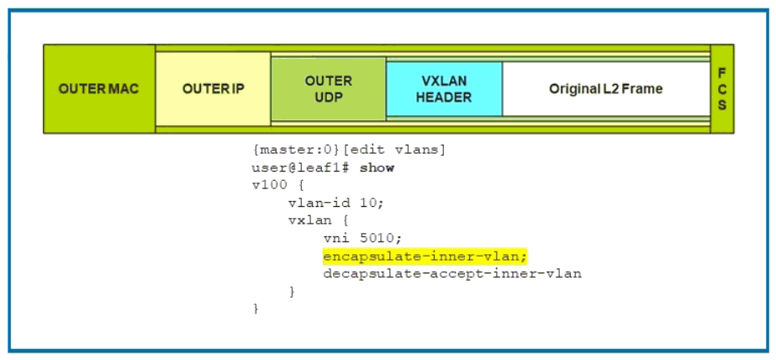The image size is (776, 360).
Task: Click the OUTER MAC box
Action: tap(99, 89)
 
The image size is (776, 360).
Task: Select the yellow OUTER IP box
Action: tap(214, 89)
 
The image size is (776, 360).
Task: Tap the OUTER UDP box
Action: tap(329, 89)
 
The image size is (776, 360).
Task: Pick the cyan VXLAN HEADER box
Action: tap(444, 89)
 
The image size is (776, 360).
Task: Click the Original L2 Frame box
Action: tap(606, 89)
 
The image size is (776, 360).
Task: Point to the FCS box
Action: tap(722, 89)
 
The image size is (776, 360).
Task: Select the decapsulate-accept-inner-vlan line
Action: tap(451, 273)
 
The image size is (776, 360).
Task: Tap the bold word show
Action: tap(377, 168)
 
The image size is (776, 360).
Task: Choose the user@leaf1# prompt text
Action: tap(301, 168)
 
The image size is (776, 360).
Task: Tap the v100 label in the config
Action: tap(269, 186)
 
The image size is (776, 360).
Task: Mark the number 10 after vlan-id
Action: tap(353, 203)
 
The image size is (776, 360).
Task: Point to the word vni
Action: tap(335, 238)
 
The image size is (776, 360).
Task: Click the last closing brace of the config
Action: tap(256, 309)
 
